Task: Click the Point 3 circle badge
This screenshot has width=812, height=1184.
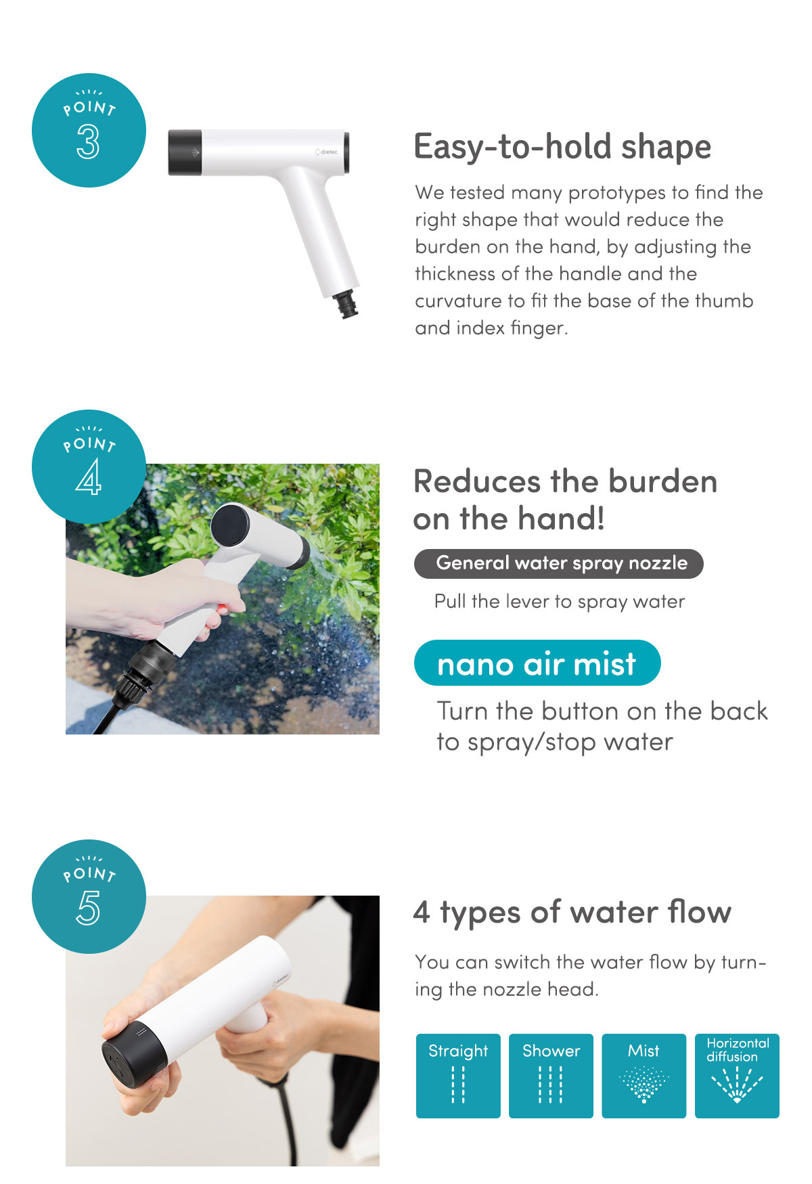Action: (89, 130)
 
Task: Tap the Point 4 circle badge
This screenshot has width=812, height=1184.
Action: (89, 466)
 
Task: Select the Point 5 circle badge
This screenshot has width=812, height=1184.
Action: (89, 897)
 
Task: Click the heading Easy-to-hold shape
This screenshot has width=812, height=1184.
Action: (562, 147)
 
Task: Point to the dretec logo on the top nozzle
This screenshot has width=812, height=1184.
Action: (327, 152)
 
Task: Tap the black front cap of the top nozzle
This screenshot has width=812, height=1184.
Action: (185, 152)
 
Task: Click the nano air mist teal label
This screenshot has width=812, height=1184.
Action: (537, 663)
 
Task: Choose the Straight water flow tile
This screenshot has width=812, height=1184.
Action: (458, 1076)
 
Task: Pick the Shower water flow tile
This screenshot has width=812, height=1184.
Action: (551, 1076)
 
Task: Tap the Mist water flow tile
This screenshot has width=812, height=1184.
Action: (644, 1076)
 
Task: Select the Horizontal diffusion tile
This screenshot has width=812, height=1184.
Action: (738, 1076)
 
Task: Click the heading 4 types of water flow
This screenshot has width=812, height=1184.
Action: (572, 913)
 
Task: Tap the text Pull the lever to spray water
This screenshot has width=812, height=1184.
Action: (560, 602)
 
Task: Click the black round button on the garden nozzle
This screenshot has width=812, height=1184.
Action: (231, 525)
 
